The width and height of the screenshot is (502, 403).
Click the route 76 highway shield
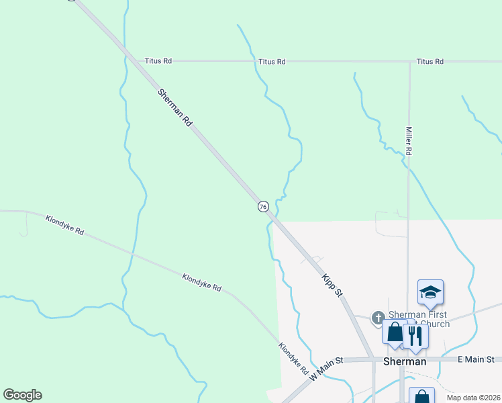click(x=262, y=206)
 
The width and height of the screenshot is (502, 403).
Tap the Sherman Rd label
click(x=175, y=107)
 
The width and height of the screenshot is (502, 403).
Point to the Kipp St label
click(x=332, y=285)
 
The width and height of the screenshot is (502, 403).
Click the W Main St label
click(x=326, y=369)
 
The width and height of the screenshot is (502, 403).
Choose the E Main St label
click(x=476, y=361)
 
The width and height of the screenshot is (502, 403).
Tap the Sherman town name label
click(x=404, y=361)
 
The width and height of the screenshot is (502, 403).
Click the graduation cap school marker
click(x=430, y=292)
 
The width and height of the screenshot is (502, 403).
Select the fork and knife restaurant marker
click(x=416, y=334)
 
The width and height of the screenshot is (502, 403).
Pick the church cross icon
click(x=378, y=317)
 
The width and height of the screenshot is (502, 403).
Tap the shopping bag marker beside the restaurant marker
click(x=395, y=332)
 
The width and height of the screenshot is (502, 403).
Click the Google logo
click(x=22, y=395)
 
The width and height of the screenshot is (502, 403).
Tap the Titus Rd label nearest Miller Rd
click(x=430, y=61)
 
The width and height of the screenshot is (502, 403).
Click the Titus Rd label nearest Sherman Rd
click(x=158, y=60)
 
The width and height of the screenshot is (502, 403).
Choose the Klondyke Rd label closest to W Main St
click(x=293, y=359)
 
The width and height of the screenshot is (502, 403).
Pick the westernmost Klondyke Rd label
click(x=64, y=225)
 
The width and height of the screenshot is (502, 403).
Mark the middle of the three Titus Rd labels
click(x=272, y=61)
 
